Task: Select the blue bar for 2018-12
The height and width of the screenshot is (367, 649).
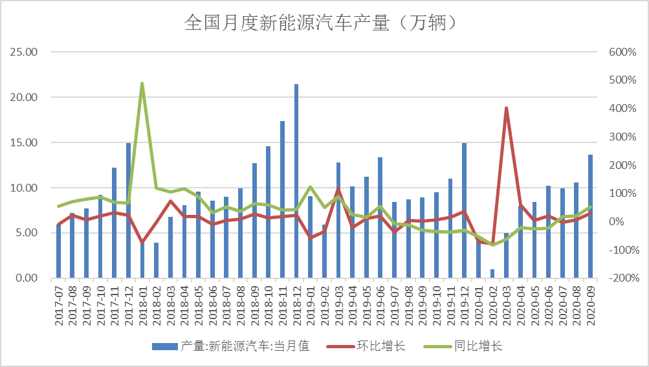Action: [x=296, y=181]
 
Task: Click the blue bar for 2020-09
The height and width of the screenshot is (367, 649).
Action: [x=590, y=216]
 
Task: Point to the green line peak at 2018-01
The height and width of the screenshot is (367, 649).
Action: [x=142, y=83]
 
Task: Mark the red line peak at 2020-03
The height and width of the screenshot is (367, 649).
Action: [x=506, y=108]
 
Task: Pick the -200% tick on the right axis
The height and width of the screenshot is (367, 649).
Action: [x=622, y=278]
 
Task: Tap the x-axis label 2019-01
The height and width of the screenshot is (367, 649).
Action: [x=311, y=306]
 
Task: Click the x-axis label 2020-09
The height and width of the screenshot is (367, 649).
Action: [x=591, y=306]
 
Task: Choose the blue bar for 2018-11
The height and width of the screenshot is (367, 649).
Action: [x=282, y=199]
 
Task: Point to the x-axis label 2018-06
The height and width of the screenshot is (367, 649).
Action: [x=213, y=306]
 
